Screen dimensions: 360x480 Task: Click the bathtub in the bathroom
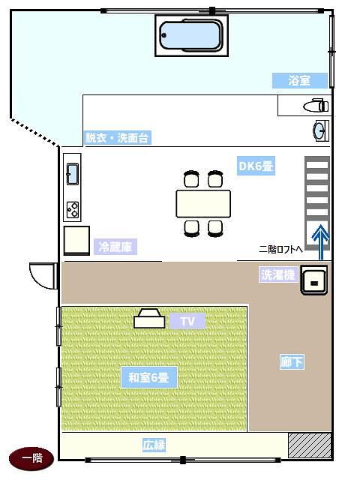[x=192, y=35]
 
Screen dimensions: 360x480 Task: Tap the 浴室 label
[x=300, y=81]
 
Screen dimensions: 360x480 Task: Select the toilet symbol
[x=316, y=106]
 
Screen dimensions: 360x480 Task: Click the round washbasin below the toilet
[x=320, y=131]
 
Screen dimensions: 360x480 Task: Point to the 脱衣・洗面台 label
[x=118, y=138]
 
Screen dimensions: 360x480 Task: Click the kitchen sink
[x=73, y=174]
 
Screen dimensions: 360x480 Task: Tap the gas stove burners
[x=73, y=210]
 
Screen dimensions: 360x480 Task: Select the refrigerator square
[x=76, y=241]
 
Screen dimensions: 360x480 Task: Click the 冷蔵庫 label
[x=115, y=247]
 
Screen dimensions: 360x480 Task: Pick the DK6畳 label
[x=256, y=166]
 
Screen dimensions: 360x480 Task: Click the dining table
[x=203, y=204]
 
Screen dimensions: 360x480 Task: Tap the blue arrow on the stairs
[x=320, y=242]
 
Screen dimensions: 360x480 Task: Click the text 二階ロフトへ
[x=280, y=249]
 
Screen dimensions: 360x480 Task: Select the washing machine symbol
[x=314, y=280]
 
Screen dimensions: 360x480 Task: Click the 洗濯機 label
[x=278, y=274]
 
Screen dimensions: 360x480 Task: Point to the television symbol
[x=149, y=318]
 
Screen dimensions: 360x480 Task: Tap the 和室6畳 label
[x=148, y=377]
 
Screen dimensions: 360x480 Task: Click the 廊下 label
[x=292, y=362]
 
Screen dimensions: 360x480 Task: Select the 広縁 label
[x=154, y=445]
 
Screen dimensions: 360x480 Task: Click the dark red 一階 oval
[x=31, y=458]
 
